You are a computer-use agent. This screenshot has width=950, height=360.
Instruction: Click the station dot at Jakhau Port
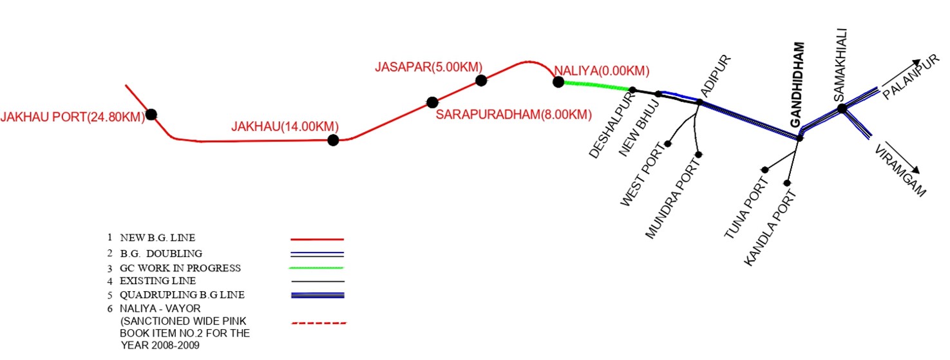pyautogui.click(x=151, y=115)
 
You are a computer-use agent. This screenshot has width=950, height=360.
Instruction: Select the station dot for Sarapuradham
pyautogui.click(x=432, y=102)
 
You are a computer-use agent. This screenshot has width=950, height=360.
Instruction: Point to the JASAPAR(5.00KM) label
pyautogui.click(x=428, y=67)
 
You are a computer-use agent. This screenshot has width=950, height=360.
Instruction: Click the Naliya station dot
pyautogui.click(x=558, y=82)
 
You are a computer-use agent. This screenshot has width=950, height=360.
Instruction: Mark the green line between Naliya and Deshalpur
pyautogui.click(x=596, y=85)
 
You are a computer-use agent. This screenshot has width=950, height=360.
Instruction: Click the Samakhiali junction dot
pyautogui.click(x=842, y=109)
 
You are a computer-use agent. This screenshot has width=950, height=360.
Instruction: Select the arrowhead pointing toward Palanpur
pyautogui.click(x=917, y=62)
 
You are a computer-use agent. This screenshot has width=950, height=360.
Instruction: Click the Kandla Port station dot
pyautogui.click(x=787, y=184)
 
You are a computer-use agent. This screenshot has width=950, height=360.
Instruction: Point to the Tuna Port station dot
pyautogui.click(x=765, y=170)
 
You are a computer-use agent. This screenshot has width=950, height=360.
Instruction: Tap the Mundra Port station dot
pyautogui.click(x=699, y=155)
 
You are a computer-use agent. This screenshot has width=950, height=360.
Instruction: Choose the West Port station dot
pyautogui.click(x=669, y=144)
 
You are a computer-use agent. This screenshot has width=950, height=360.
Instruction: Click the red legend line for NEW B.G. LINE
pyautogui.click(x=318, y=239)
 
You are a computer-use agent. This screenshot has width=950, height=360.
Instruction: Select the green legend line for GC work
pyautogui.click(x=318, y=267)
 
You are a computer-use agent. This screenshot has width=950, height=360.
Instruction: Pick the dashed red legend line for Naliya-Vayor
pyautogui.click(x=318, y=322)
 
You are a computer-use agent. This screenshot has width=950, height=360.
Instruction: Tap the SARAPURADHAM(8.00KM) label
pyautogui.click(x=513, y=115)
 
